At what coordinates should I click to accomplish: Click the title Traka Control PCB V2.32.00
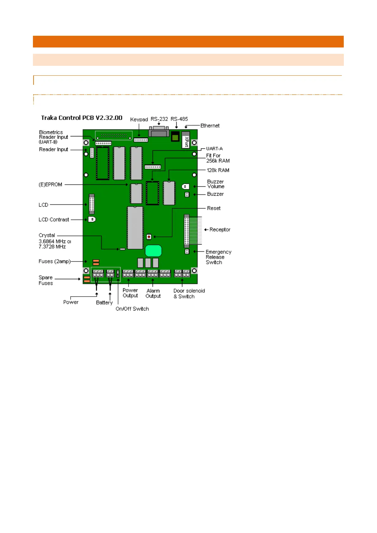pos(82,118)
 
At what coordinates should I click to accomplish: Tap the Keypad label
pos(139,119)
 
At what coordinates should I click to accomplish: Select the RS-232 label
pos(159,119)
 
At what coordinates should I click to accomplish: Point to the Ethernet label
pos(210,126)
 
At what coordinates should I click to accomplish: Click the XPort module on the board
pos(186,140)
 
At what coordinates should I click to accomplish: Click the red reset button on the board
pos(149,237)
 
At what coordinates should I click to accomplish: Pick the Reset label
pos(214,208)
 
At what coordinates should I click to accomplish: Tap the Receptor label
pos(220,229)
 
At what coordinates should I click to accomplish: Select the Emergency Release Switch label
pos(218,257)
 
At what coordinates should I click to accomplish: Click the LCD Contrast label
pos(54,220)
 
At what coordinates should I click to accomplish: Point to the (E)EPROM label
pos(50,185)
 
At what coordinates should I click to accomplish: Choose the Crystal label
pos(47,235)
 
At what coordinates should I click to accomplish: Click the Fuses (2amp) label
pos(54,261)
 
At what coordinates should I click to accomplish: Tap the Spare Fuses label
pos(46,280)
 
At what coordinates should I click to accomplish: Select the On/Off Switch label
pos(132,309)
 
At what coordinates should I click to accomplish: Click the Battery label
pos(104,303)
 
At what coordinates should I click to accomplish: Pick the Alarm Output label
pos(153,293)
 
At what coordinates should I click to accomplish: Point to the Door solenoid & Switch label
pos(189,294)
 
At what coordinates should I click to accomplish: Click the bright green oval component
pos(154,251)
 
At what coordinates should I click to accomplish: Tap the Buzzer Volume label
pos(216,184)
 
